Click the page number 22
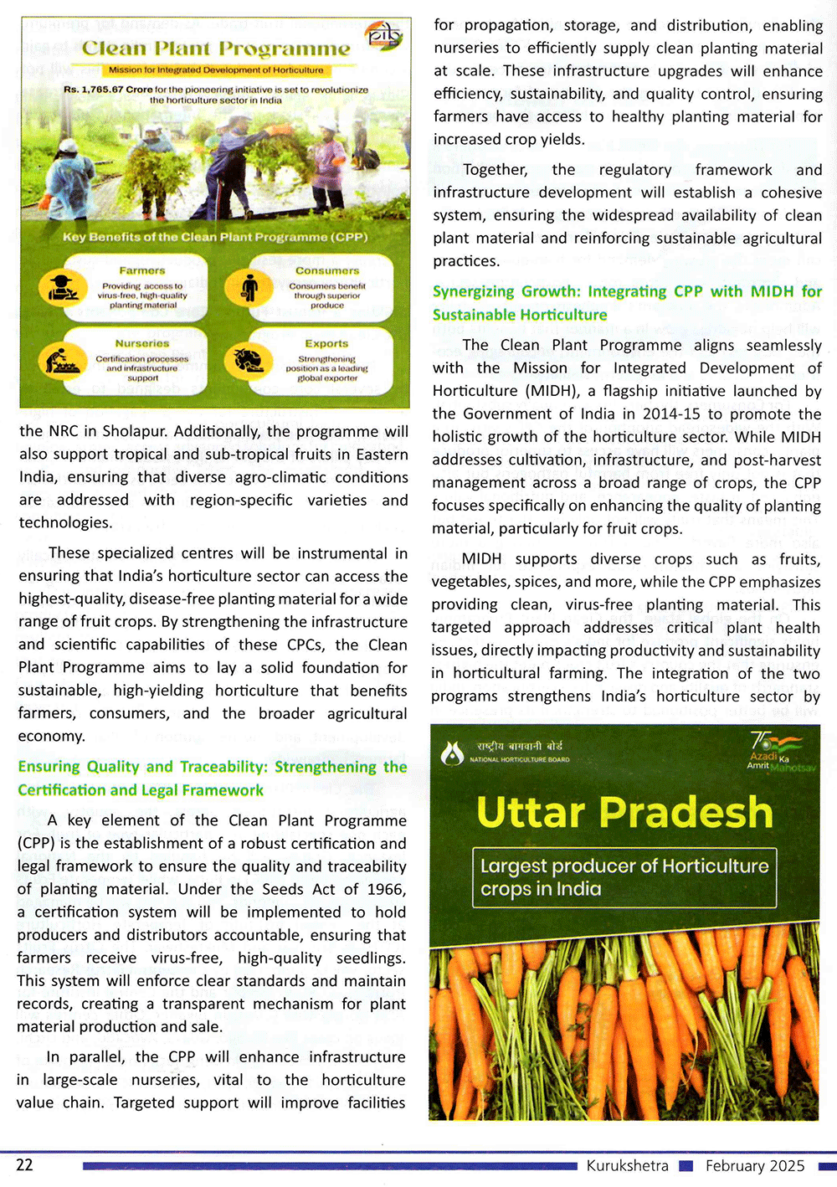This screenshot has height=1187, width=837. click(25, 1165)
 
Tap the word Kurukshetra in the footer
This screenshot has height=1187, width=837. click(627, 1165)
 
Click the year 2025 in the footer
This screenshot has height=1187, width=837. click(787, 1165)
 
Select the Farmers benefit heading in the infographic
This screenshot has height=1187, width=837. click(142, 270)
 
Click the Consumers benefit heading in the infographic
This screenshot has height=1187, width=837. click(327, 270)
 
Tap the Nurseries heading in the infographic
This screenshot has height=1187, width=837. click(142, 343)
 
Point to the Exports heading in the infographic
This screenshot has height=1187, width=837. click(326, 343)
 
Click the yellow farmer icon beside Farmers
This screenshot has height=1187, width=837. click(63, 289)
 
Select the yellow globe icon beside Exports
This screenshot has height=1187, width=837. click(249, 362)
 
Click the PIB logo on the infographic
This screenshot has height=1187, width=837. click(384, 37)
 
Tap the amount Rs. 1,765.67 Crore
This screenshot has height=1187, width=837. click(107, 90)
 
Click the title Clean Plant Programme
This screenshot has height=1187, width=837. click(216, 49)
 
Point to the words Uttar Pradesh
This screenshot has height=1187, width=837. click(624, 812)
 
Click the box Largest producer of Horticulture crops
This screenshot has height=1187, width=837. click(624, 877)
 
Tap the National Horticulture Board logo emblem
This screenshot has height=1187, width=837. click(453, 753)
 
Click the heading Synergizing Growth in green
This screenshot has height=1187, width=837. click(626, 302)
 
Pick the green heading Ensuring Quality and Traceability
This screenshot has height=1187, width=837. click(212, 778)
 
